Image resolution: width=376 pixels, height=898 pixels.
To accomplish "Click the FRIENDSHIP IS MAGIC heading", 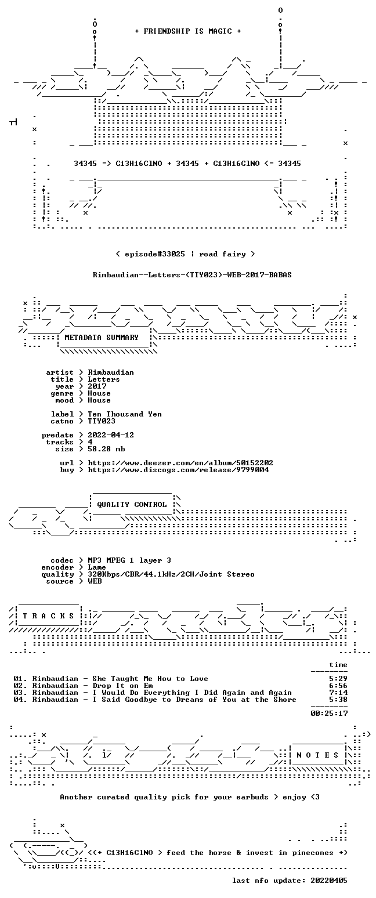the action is (188, 31).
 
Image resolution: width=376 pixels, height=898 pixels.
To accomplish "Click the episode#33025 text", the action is (155, 254).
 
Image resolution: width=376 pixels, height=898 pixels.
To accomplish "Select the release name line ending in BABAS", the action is (192, 274).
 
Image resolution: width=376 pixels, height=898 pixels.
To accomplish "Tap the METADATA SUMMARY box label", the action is (102, 338).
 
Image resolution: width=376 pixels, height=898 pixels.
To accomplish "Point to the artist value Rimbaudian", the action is (111, 372).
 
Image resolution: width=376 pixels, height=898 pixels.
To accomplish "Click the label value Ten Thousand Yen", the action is (125, 414).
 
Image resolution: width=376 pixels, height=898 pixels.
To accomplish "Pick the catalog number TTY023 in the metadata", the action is (102, 421).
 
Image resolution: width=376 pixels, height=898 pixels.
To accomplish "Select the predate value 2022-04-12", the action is (111, 435).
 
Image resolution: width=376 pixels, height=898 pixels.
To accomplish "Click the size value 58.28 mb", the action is (106, 449).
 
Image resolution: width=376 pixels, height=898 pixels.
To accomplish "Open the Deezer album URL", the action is (180, 462).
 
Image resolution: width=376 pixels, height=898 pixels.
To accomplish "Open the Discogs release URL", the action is (178, 470).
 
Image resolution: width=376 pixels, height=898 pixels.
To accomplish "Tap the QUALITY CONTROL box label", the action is (132, 504).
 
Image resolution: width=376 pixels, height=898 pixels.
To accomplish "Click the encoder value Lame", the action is (97, 567).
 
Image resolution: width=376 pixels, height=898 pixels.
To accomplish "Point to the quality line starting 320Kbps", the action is (171, 574).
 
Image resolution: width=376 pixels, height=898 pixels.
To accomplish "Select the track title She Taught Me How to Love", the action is (150, 679).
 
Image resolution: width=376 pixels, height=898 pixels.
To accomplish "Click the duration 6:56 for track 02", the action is (338, 686).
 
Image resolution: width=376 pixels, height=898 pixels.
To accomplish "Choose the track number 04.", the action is (18, 700).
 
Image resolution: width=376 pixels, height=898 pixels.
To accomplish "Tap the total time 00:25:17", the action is (329, 713).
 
